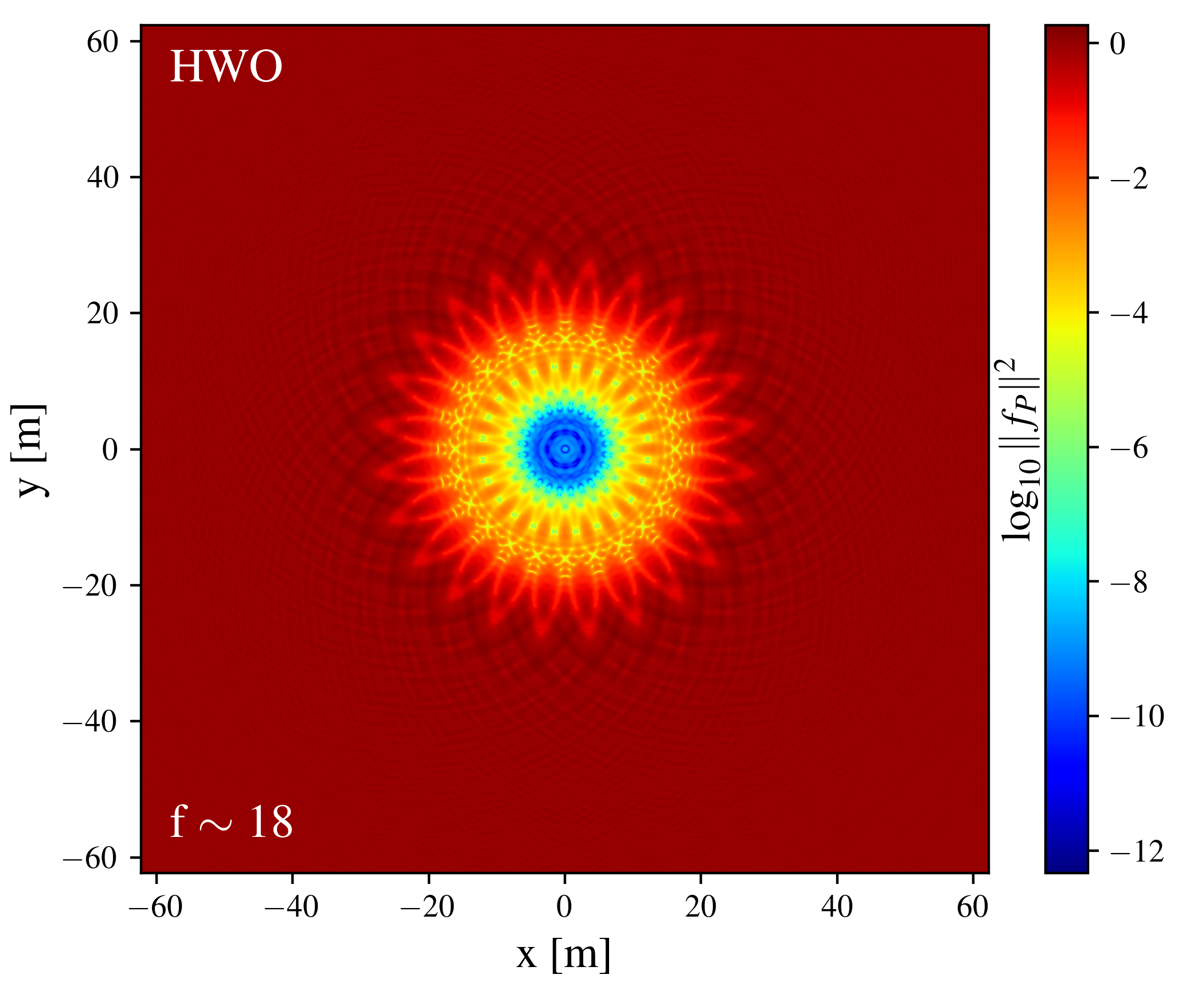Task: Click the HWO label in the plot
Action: [x=226, y=67]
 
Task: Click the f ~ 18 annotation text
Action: [x=231, y=823]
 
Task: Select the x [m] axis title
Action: [x=563, y=955]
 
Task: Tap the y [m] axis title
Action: [x=29, y=450]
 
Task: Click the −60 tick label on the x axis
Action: [x=155, y=908]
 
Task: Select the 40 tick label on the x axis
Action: [x=837, y=908]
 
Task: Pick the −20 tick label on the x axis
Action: [x=428, y=908]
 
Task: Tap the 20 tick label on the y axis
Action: [x=103, y=314]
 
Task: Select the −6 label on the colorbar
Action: [x=1129, y=447]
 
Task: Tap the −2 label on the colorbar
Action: [x=1129, y=179]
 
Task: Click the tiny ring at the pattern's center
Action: [x=565, y=449]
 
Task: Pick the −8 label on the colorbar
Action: [x=1129, y=582]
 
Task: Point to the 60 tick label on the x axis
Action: [x=973, y=908]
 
